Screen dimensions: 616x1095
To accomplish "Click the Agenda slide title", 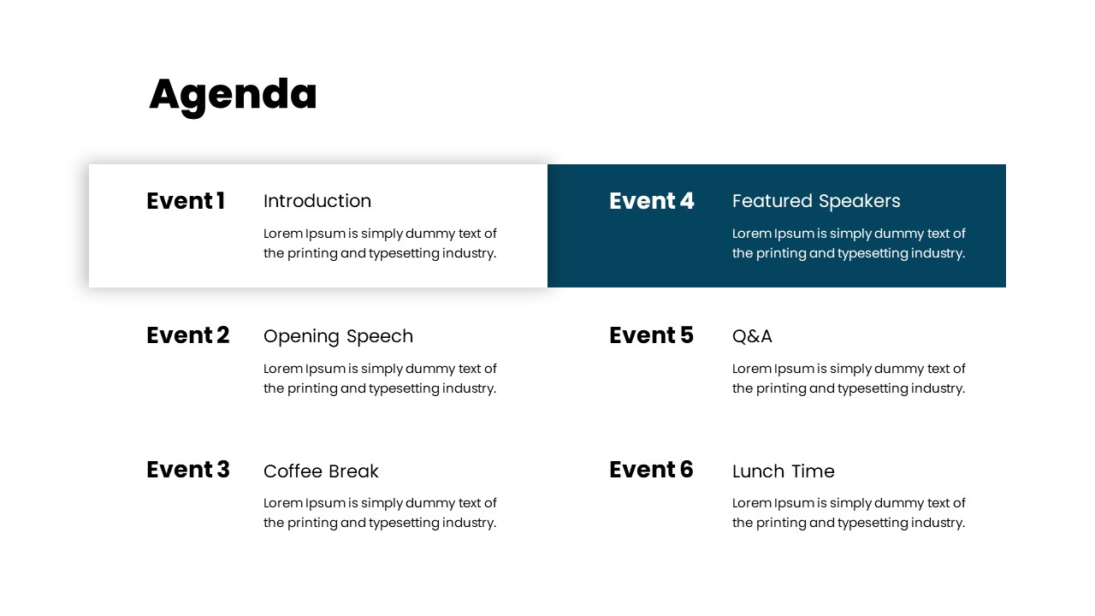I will pyautogui.click(x=233, y=94).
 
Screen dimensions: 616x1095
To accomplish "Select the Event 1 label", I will pyautogui.click(x=186, y=201).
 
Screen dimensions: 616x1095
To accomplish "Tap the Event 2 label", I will pyautogui.click(x=188, y=335).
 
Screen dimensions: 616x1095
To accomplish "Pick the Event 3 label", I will pyautogui.click(x=188, y=470).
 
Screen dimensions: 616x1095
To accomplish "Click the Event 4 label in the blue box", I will pyautogui.click(x=652, y=201).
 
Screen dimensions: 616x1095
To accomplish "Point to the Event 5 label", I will pyautogui.click(x=651, y=335).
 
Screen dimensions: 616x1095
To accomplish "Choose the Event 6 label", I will pyautogui.click(x=651, y=470).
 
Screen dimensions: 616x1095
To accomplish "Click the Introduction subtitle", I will pyautogui.click(x=317, y=201).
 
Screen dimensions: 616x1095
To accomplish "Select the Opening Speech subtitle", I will pyautogui.click(x=338, y=336).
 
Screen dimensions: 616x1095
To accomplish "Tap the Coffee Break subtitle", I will pyautogui.click(x=321, y=471).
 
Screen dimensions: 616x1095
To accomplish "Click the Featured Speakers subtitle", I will pyautogui.click(x=816, y=201).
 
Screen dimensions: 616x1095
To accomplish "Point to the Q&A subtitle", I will pyautogui.click(x=752, y=336).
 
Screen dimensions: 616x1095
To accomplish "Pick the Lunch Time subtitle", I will pyautogui.click(x=784, y=471).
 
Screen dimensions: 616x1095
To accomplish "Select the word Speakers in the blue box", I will pyautogui.click(x=859, y=202).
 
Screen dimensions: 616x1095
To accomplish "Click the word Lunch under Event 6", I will pyautogui.click(x=755, y=471).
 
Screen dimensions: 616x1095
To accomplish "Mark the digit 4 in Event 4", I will pyautogui.click(x=687, y=201).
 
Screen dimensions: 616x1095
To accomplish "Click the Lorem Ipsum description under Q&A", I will pyautogui.click(x=849, y=378).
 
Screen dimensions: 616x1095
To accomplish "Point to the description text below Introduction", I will pyautogui.click(x=380, y=243).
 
